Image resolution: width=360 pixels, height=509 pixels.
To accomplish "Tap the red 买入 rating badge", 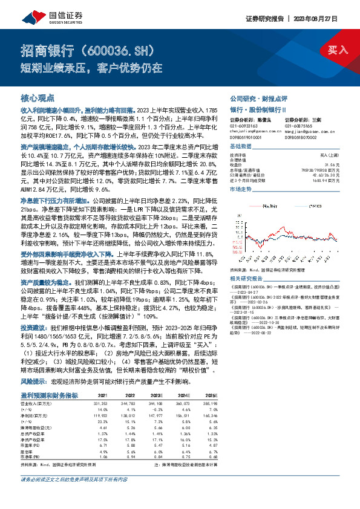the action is tap(338, 50).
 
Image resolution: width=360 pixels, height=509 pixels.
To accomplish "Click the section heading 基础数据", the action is tap(241, 147).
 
